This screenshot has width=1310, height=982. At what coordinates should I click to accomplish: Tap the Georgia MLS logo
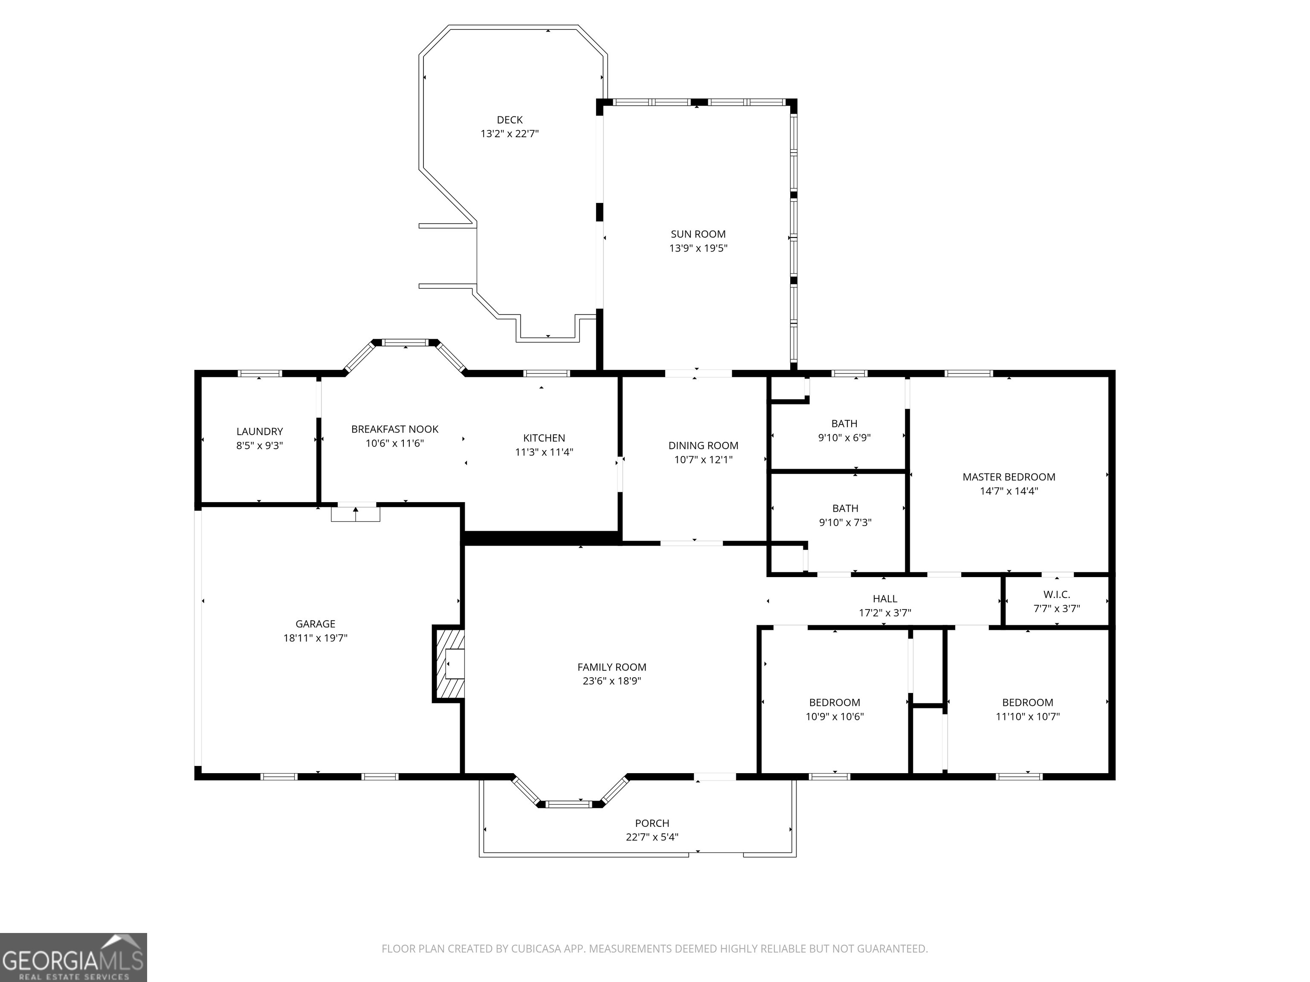(73, 957)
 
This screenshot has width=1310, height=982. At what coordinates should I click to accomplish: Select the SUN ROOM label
(698, 234)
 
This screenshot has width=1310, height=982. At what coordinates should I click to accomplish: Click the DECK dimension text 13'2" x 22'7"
(509, 134)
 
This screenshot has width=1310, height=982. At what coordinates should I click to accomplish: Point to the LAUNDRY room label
(259, 431)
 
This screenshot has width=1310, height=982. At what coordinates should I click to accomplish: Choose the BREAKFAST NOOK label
(395, 429)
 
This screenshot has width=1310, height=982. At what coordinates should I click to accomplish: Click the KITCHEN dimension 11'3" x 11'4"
(544, 452)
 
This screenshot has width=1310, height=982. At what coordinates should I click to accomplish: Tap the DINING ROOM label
(704, 446)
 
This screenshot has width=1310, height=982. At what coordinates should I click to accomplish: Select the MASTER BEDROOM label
(1009, 477)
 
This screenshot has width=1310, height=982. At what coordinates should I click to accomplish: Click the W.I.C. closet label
(1057, 594)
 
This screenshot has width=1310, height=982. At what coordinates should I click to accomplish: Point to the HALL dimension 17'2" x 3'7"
(885, 613)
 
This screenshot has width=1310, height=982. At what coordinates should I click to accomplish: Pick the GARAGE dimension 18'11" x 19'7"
(315, 638)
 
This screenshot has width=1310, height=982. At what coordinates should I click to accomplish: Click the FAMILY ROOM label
(612, 667)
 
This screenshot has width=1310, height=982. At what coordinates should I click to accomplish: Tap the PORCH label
(652, 823)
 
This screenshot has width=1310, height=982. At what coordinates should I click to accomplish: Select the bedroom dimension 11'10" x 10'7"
(1028, 717)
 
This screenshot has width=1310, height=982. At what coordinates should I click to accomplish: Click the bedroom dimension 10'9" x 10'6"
(835, 717)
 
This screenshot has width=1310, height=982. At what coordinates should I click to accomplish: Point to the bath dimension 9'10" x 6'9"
(844, 438)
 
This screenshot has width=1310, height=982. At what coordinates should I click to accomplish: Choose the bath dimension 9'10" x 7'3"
(845, 523)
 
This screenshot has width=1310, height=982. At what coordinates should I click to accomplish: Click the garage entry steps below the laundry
(355, 514)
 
